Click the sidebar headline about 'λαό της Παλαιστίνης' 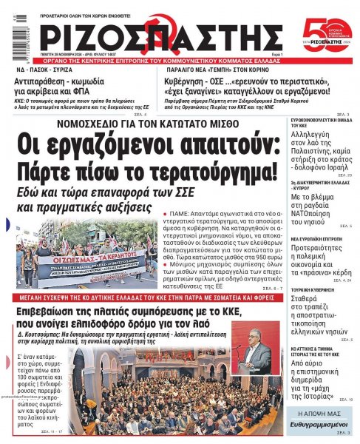(314, 152)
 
